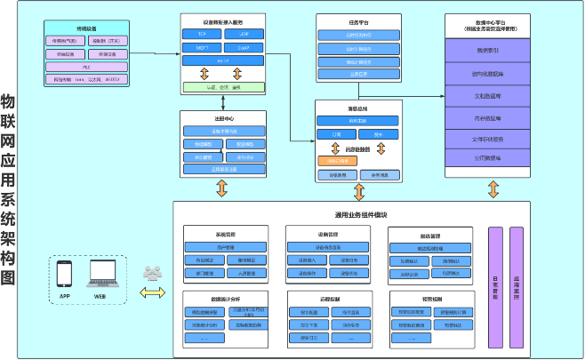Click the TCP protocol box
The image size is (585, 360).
click(201, 34)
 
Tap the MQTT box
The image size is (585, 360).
click(201, 47)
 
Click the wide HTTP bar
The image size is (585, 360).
click(222, 60)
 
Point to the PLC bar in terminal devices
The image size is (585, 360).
click(86, 67)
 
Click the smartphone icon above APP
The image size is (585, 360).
click(64, 275)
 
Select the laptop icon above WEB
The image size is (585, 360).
click(100, 275)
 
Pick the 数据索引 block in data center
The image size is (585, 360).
click(488, 51)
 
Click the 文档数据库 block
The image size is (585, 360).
click(488, 94)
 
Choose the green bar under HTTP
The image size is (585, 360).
click(222, 86)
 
